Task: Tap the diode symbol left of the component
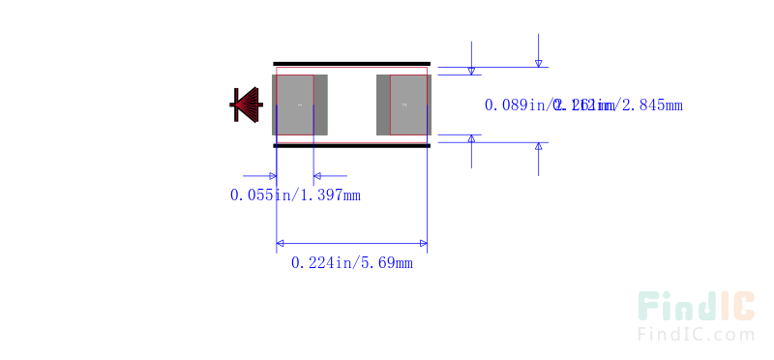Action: [x=246, y=105]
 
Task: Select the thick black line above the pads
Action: [x=351, y=64]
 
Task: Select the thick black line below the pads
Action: [x=351, y=145]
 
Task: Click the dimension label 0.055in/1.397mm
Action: [x=295, y=195]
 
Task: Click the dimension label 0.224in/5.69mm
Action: [x=351, y=262]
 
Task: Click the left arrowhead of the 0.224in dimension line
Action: [x=282, y=243]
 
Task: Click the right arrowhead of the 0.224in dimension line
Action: [x=423, y=243]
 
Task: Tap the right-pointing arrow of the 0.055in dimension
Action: [x=272, y=176]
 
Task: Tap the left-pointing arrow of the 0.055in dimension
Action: [x=319, y=176]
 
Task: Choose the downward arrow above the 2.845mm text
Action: [x=539, y=62]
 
